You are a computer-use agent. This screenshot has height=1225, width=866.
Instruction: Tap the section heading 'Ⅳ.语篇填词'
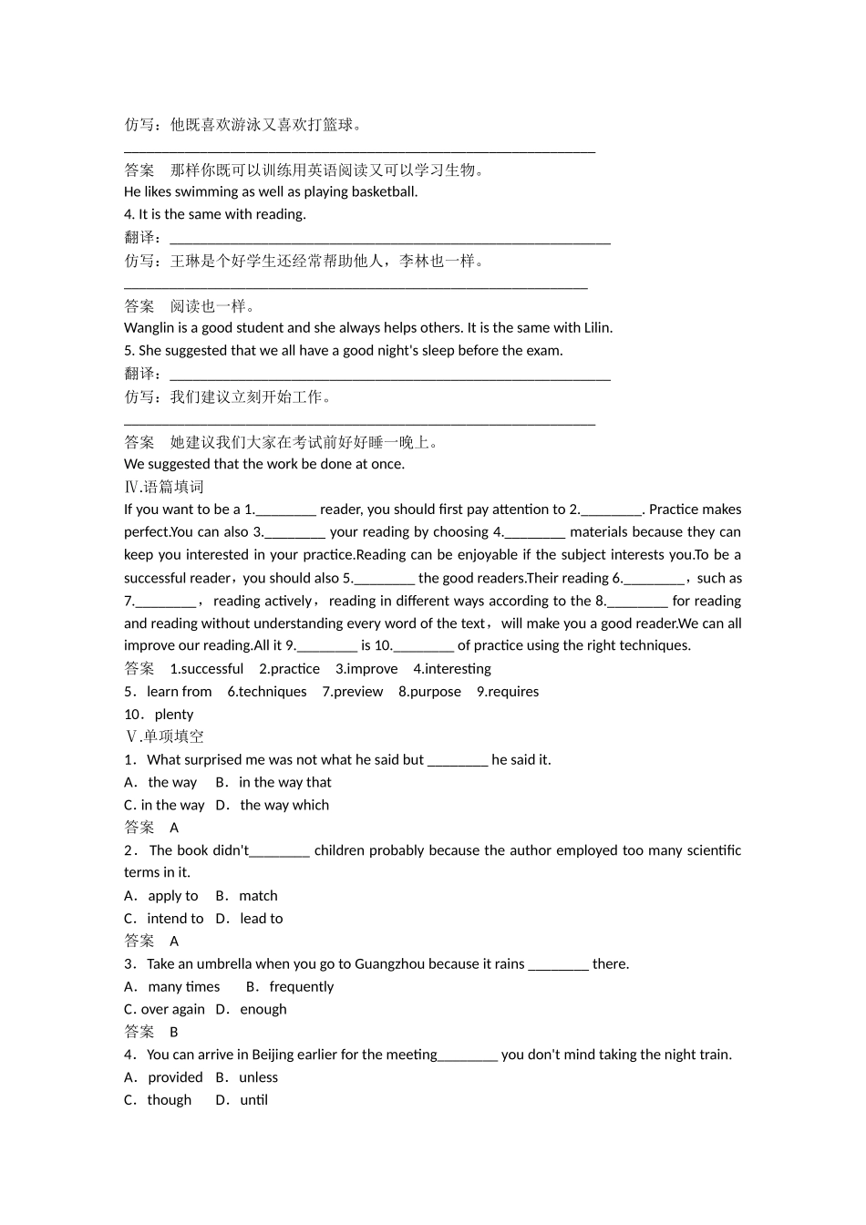164,487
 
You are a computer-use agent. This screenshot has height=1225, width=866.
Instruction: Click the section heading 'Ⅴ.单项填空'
164,736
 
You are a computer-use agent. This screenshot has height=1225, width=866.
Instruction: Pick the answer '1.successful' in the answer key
207,669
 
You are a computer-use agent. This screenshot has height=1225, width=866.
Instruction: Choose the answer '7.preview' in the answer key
352,692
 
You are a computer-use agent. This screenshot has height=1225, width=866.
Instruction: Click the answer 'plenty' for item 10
174,715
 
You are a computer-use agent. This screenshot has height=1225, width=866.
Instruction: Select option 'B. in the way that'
273,783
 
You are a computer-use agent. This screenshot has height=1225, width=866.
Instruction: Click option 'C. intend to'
164,919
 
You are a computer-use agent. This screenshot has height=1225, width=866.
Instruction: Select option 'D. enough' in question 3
252,1010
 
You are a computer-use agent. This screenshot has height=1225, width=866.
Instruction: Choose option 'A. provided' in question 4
164,1077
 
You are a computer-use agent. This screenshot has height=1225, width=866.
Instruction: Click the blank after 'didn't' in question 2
280,851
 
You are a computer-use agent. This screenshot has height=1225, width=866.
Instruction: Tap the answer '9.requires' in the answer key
508,692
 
